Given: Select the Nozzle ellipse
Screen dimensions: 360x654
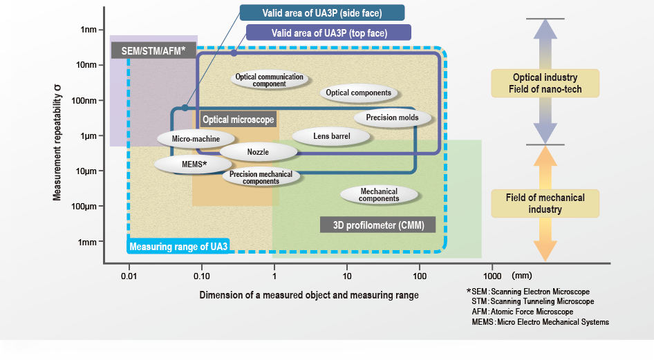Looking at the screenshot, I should coord(258,152).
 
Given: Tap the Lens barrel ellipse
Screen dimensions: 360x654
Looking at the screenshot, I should coord(332,136).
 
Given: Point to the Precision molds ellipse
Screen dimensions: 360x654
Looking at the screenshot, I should coord(391,117).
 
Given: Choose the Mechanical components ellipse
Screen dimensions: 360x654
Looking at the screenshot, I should coord(379,195).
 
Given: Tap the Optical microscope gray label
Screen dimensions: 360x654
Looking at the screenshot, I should coord(238,120).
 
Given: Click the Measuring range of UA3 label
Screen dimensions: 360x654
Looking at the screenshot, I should coord(178,246).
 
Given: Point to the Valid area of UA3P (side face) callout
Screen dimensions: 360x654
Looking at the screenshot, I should coord(322,13).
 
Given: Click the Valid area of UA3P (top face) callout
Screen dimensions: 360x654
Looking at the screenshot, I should coord(329,32).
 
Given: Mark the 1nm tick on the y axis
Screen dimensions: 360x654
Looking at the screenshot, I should coord(88,30).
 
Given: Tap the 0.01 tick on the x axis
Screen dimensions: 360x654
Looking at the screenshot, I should coord(129,277).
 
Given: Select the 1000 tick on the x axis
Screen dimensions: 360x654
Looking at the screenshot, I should coord(492,277).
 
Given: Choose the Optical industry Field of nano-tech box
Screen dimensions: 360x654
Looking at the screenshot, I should coord(545,83).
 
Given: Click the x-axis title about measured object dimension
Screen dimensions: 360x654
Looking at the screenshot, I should coord(309,295).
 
